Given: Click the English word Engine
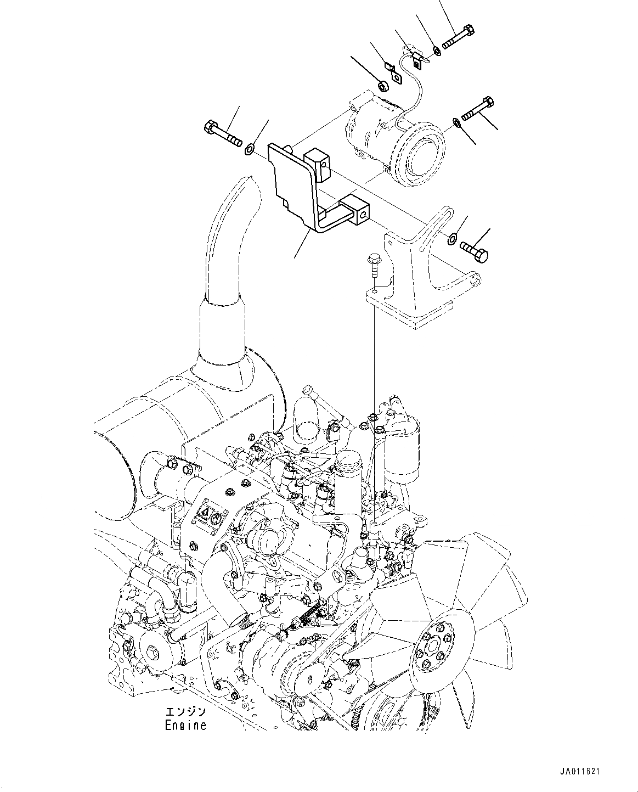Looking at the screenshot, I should tap(186, 725).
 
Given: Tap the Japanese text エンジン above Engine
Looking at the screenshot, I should tap(186, 712).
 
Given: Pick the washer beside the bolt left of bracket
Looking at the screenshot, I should tap(250, 148).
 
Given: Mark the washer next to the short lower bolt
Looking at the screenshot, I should tap(452, 238).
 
